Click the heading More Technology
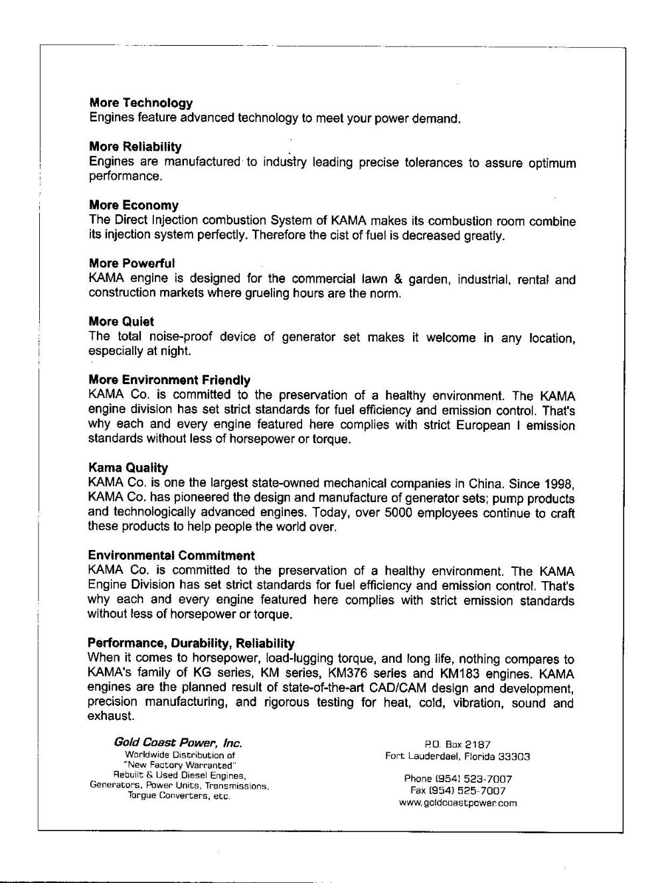(x=141, y=103)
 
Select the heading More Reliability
(x=135, y=147)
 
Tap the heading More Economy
(x=133, y=206)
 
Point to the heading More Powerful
(x=131, y=263)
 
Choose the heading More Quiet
(x=121, y=322)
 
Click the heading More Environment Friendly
(x=169, y=380)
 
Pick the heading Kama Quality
(x=127, y=468)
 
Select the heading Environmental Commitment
(x=171, y=555)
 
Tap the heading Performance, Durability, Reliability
(x=191, y=643)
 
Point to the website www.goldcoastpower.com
(x=458, y=803)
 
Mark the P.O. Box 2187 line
(x=457, y=744)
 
